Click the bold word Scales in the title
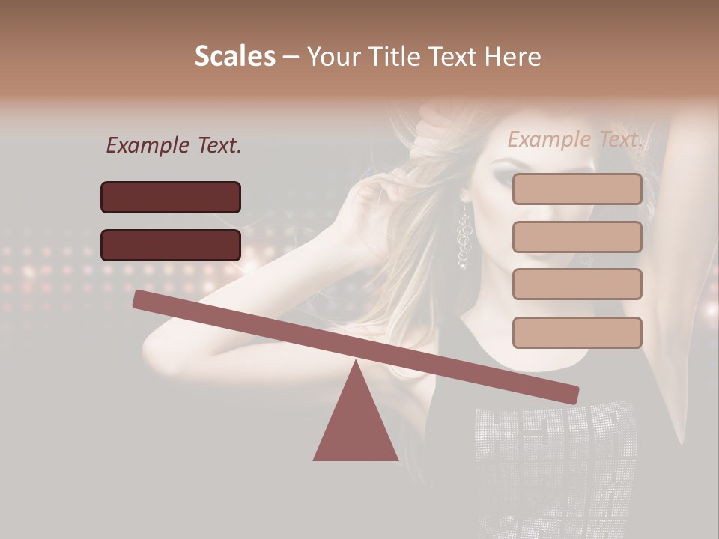[x=234, y=57]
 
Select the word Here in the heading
[x=512, y=57]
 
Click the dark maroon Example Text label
[x=174, y=146]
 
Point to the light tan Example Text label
[x=575, y=139]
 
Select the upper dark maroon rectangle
[x=171, y=197]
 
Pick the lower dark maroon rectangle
[x=171, y=245]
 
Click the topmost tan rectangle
[x=577, y=189]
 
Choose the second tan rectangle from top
[x=577, y=237]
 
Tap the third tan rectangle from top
[x=577, y=284]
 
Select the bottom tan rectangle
[x=577, y=332]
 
